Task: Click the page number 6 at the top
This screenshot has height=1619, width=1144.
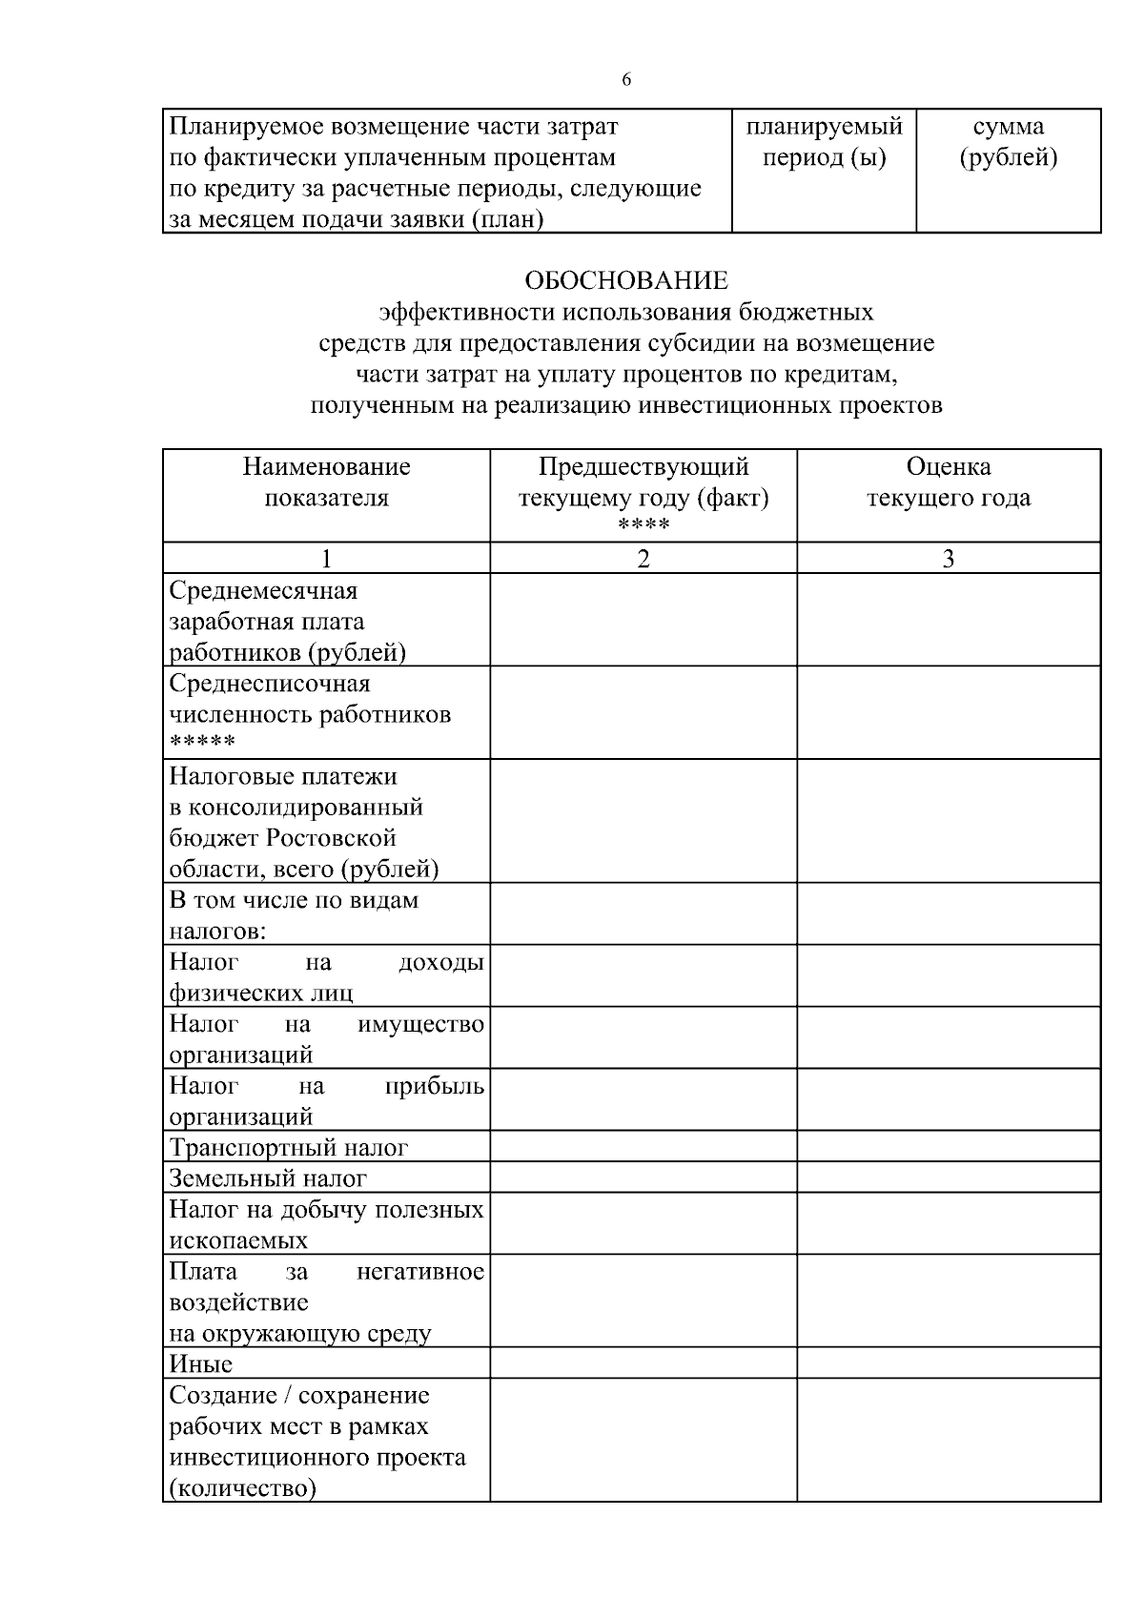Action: coord(626,80)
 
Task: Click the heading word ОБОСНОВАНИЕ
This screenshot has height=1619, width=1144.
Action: coord(626,280)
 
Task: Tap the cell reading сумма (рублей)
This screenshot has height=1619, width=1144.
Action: coord(1008,142)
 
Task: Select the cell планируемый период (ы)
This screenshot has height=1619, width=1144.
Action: coord(824,142)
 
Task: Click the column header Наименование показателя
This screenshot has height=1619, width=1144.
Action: coord(326,482)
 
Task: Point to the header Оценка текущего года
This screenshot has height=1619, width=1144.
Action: coord(948,482)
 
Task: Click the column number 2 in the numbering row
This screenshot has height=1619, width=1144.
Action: coord(643,559)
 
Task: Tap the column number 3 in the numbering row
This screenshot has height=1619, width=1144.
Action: coord(948,559)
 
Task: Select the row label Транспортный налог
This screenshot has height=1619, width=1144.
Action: coord(289,1148)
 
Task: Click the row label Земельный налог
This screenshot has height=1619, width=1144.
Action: coord(268,1179)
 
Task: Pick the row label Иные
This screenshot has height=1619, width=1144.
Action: coord(201,1364)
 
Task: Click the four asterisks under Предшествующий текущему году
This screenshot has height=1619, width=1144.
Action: coord(643,526)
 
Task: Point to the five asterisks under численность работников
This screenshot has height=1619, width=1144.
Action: coord(202,743)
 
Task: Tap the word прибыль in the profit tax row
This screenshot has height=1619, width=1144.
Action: coord(435,1086)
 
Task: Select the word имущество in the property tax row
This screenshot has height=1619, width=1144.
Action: coord(420,1024)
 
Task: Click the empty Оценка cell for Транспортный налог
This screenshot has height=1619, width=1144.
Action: coord(948,1147)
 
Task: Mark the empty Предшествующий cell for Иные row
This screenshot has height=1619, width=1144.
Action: coord(643,1363)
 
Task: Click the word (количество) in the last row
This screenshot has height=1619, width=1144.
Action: coord(242,1488)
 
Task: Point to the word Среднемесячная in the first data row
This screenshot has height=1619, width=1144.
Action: coord(263,590)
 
